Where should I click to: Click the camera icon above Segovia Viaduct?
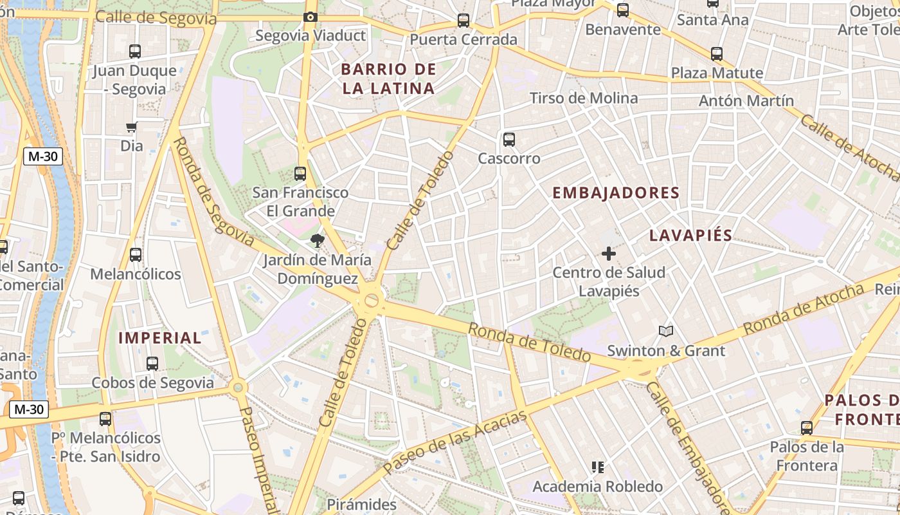pos(310,17)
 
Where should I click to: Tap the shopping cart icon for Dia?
pos(132,127)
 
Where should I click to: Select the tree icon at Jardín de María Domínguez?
pos(317,241)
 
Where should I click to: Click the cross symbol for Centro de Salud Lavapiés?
pos(609,254)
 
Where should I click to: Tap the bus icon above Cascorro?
pos(509,139)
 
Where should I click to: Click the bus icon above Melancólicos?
pos(135,255)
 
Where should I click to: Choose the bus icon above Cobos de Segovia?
pos(152,364)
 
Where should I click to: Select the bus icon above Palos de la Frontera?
pos(807,428)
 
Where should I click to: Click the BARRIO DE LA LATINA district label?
pos(388,79)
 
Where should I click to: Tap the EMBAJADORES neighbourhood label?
pos(616,193)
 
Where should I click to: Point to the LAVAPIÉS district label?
pos(690,235)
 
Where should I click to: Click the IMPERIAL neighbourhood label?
pos(160,338)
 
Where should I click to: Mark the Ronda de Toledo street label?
pos(528,342)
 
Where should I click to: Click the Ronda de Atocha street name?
pos(803,309)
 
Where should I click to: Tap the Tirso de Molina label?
pos(584,98)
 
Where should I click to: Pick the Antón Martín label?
pos(746,101)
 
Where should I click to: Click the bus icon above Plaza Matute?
pos(717,54)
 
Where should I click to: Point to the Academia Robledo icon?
pos(598,467)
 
